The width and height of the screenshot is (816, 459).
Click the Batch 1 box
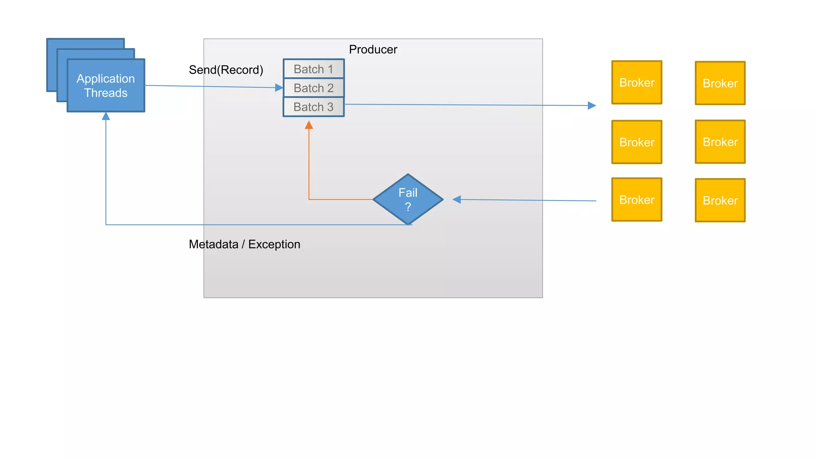click(314, 69)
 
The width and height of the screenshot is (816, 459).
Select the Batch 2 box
click(314, 88)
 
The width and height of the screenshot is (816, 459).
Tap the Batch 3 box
click(314, 107)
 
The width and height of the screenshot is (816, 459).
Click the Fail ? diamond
click(408, 199)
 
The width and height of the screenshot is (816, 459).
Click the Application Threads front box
click(106, 86)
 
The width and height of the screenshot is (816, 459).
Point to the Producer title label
click(373, 49)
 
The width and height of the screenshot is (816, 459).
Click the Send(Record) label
click(226, 70)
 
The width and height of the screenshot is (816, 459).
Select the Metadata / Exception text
click(244, 244)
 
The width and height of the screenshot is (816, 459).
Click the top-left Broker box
click(637, 82)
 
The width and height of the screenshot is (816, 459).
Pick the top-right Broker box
click(720, 83)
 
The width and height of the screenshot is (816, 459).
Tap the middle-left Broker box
click(637, 142)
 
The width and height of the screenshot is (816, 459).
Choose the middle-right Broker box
click(720, 142)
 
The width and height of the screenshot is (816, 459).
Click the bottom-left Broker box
click(637, 200)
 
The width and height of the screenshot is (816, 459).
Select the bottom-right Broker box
click(720, 200)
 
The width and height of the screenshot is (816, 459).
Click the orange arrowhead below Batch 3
click(309, 125)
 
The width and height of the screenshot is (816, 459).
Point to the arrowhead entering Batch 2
click(279, 88)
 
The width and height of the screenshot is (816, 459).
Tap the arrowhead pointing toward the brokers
click(592, 106)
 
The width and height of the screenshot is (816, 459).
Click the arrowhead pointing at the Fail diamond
click(457, 200)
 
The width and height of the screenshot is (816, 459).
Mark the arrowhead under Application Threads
click(106, 116)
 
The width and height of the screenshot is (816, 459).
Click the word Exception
click(274, 244)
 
